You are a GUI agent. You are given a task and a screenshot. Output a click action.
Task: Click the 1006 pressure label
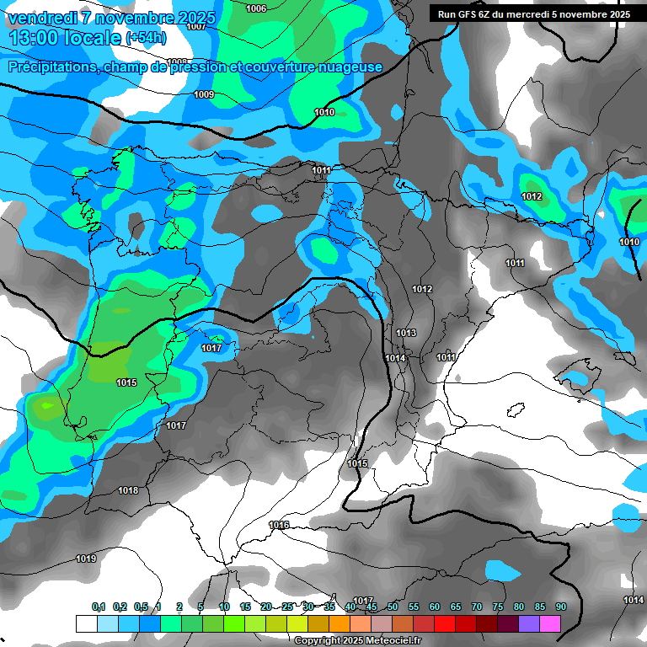tap(256, 8)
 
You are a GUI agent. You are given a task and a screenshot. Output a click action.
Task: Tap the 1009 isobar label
tap(204, 94)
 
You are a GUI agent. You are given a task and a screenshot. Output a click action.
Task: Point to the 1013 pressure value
tap(406, 333)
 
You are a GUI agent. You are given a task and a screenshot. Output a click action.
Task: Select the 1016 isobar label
tap(279, 525)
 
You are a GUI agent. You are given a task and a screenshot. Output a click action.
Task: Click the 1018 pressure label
tap(128, 490)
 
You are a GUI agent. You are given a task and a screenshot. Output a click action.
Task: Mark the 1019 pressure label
tap(86, 559)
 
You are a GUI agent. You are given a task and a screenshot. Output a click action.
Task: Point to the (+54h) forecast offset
tap(146, 38)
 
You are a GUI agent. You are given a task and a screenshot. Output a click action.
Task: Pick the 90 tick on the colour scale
tap(560, 607)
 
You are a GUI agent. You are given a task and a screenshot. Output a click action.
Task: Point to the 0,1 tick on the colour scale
tap(98, 607)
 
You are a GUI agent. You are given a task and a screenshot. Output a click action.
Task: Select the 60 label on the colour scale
tap(435, 607)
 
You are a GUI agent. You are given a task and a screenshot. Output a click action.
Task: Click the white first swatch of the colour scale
tap(86, 623)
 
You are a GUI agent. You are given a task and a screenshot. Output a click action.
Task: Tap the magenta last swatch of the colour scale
tap(550, 623)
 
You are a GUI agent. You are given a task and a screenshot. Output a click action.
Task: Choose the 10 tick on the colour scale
tap(224, 607)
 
